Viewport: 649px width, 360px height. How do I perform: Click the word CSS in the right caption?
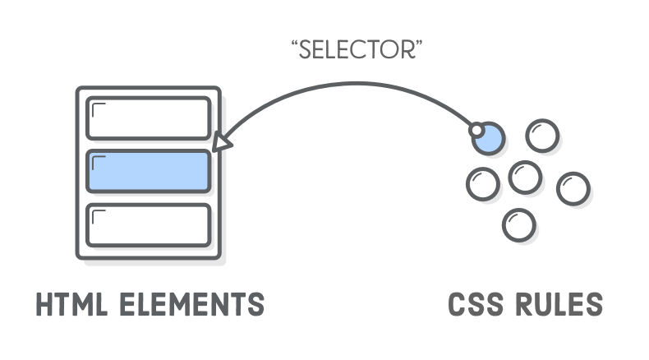tap(477, 304)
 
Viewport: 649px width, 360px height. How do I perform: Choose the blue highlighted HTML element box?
tap(149, 171)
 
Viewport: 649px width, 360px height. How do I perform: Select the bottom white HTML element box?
tap(149, 224)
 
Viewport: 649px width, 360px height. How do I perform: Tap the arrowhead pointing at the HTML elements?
tap(219, 143)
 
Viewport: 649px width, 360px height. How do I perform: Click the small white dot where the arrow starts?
tap(476, 131)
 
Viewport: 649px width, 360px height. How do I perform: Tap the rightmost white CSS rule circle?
tap(573, 189)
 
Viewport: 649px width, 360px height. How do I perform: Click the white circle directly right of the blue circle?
tap(541, 136)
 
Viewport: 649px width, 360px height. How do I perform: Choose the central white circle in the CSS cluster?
tap(523, 175)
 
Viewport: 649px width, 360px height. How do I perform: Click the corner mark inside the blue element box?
tap(98, 161)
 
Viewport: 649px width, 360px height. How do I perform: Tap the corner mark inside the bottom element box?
tap(98, 215)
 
